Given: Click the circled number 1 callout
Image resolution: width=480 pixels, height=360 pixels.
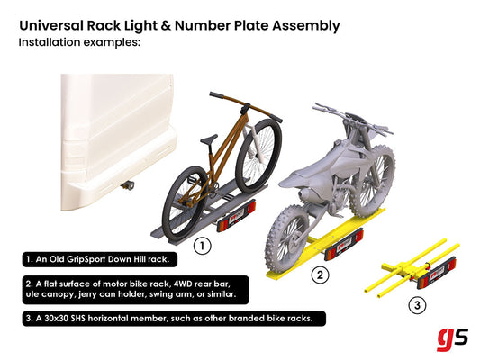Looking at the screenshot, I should [204, 243].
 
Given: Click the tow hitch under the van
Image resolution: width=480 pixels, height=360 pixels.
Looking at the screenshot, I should [128, 185].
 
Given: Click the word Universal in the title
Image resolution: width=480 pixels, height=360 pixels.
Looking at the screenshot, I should [53, 25].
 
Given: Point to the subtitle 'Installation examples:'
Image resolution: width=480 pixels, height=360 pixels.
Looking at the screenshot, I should [78, 42].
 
